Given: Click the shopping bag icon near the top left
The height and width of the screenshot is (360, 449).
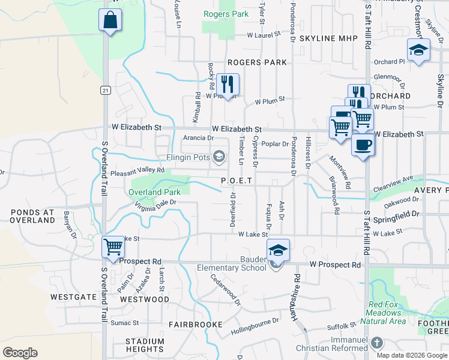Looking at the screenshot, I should pyautogui.click(x=110, y=20).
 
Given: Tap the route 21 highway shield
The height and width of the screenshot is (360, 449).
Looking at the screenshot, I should pyautogui.click(x=106, y=90).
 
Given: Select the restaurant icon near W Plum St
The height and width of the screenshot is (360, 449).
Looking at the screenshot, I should pyautogui.click(x=228, y=83).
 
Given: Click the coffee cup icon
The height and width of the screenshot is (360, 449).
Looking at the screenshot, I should pyautogui.click(x=363, y=145).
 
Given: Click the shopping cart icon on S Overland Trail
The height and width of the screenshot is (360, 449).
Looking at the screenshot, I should pyautogui.click(x=113, y=247).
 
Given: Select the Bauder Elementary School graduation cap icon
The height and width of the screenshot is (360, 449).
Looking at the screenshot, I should pyautogui.click(x=278, y=250).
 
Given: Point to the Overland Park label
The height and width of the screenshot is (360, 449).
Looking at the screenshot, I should pyautogui.click(x=154, y=193).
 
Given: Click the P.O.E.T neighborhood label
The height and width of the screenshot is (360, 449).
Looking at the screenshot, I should pyautogui.click(x=239, y=180).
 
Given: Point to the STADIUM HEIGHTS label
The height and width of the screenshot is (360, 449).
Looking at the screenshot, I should pyautogui.click(x=145, y=345).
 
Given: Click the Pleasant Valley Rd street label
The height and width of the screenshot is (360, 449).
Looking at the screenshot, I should pyautogui.click(x=138, y=171).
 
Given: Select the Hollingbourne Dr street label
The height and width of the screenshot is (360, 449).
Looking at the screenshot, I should pyautogui.click(x=255, y=326).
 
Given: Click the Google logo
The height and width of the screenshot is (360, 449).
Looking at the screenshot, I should pyautogui.click(x=20, y=353).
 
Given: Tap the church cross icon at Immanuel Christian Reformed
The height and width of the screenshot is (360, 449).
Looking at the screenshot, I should pyautogui.click(x=376, y=343).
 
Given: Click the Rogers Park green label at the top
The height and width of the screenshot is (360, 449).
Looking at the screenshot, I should pyautogui.click(x=225, y=13).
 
